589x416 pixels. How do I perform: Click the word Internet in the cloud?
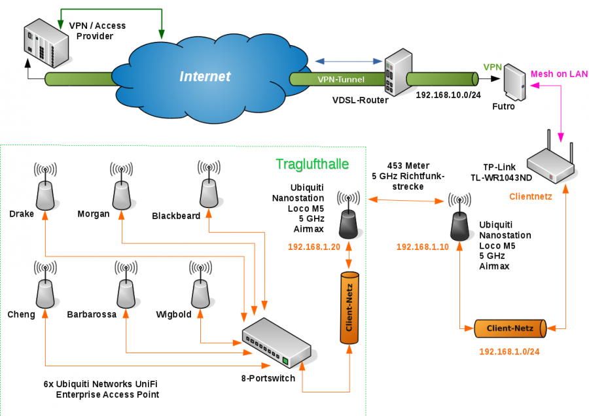coord(205,77)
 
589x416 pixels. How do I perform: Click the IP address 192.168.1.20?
coord(314,247)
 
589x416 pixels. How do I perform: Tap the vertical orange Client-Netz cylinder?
coord(349,307)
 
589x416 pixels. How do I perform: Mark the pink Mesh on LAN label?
coord(559,74)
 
